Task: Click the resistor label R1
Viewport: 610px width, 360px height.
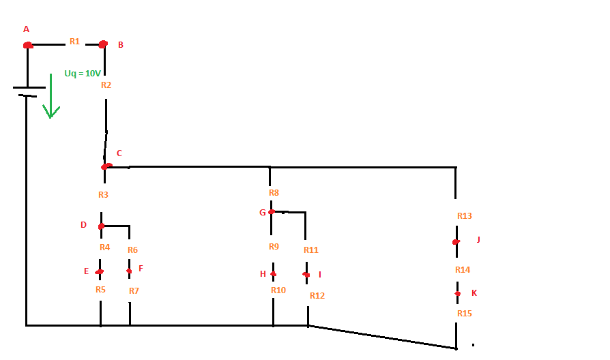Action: click(x=74, y=41)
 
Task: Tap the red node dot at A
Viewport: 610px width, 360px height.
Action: click(x=28, y=46)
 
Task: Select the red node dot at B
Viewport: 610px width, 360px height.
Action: click(x=103, y=44)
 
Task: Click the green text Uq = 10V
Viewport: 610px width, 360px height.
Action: click(x=83, y=73)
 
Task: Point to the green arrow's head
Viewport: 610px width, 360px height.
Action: click(x=50, y=112)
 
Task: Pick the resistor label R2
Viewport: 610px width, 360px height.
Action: click(x=106, y=85)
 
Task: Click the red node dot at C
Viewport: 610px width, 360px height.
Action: click(x=106, y=166)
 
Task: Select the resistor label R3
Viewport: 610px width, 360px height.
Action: click(x=103, y=195)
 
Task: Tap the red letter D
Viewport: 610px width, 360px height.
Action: click(x=83, y=225)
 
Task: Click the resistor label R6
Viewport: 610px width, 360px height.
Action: click(x=132, y=250)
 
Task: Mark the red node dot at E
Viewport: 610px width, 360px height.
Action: click(x=99, y=272)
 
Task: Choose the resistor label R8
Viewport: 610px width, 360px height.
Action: click(x=274, y=193)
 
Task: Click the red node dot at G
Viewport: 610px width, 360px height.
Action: click(x=272, y=212)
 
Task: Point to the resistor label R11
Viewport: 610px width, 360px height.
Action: click(x=311, y=250)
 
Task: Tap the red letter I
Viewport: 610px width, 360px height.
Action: click(x=320, y=275)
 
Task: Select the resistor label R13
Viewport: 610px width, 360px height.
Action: click(x=465, y=216)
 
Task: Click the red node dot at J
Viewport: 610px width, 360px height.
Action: click(x=456, y=242)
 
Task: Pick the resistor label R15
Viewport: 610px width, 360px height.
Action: click(x=465, y=314)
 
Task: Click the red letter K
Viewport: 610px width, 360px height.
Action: click(x=474, y=293)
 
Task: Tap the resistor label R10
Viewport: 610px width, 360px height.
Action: click(x=278, y=290)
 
